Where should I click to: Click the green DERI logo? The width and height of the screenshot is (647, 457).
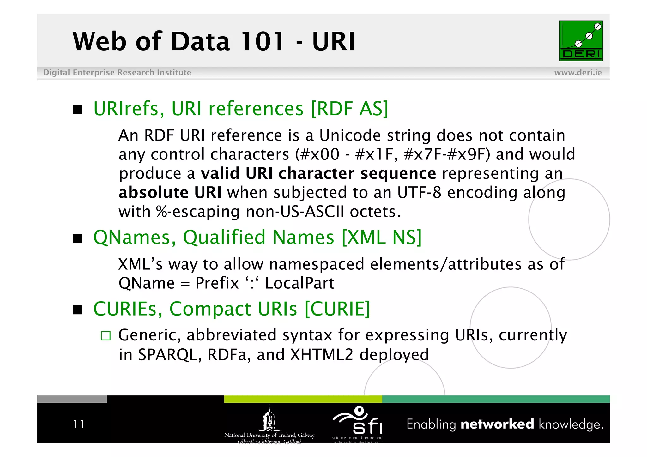581,41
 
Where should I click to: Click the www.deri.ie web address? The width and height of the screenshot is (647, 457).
578,73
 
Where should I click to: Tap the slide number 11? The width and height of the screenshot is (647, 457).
79,424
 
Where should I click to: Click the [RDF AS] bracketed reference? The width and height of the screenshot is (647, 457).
349,109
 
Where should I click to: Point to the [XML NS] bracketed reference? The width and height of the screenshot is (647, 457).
382,237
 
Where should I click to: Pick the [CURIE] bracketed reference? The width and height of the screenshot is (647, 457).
337,309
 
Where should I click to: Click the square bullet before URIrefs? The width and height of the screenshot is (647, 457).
77,110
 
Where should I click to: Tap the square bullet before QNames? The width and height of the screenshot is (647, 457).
77,238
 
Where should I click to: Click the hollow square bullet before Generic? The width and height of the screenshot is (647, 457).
106,336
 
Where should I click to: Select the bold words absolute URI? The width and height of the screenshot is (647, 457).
170,192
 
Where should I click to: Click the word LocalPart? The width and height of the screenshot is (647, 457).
299,283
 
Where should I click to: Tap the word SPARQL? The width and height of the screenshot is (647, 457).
170,355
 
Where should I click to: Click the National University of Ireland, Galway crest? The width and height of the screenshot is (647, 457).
269,420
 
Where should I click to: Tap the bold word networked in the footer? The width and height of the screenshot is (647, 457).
497,424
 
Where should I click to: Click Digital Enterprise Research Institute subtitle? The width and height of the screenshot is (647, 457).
117,73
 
